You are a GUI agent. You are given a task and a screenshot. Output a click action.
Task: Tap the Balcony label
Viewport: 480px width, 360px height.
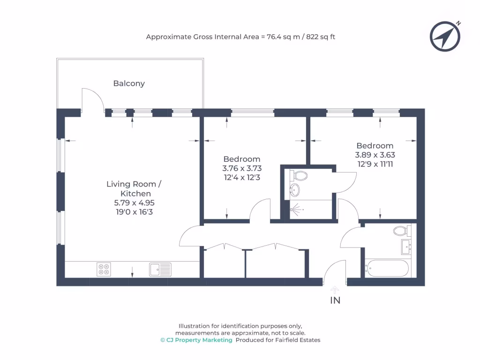pos(129,83)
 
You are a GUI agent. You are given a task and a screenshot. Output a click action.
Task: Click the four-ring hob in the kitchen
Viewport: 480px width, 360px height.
pos(104,269)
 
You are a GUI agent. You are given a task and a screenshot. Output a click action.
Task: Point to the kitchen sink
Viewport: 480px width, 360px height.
pos(160,269)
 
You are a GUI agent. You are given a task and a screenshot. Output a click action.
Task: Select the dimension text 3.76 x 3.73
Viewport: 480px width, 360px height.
pos(242,168)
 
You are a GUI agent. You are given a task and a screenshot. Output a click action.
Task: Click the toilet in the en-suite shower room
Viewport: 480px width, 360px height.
pos(299,176)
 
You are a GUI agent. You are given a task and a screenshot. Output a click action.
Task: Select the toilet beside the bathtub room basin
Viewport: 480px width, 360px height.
pos(401,231)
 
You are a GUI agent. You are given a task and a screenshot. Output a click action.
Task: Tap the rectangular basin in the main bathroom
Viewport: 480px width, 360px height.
pos(405,247)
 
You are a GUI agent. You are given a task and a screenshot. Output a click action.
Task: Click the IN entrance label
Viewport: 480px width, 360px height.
pos(335,300)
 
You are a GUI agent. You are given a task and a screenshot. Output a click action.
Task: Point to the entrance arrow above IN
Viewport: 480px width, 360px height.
pos(335,290)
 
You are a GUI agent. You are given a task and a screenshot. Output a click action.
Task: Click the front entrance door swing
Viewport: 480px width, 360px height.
pos(333,272)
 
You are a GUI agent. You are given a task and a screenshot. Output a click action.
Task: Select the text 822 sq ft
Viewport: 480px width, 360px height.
pos(321,37)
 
